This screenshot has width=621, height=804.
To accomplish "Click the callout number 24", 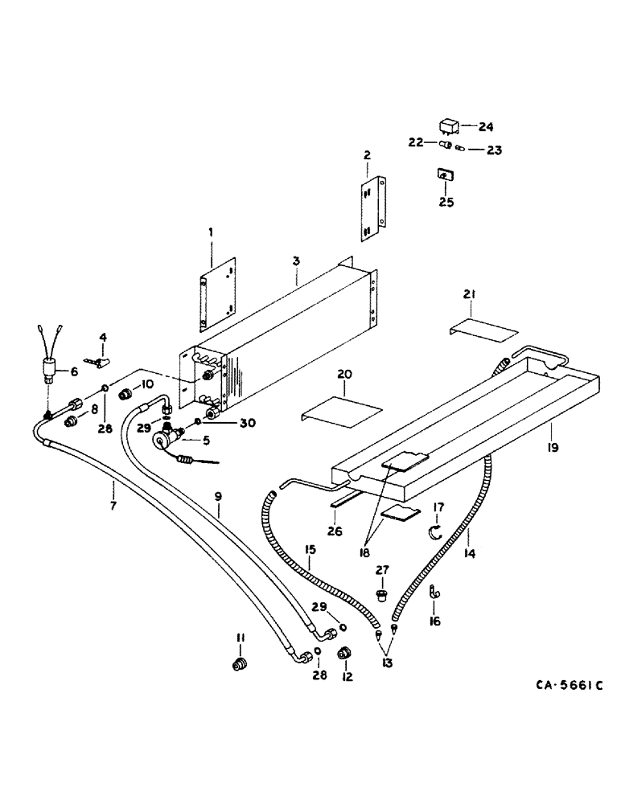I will tap(486, 126).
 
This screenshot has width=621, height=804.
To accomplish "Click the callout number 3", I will tap(296, 261).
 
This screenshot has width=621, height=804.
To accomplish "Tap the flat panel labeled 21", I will tap(483, 329).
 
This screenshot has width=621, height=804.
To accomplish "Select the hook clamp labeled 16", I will tap(433, 594).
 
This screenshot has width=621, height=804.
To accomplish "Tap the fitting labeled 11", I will tap(239, 664).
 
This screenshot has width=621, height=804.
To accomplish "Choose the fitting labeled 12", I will tap(346, 653).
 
